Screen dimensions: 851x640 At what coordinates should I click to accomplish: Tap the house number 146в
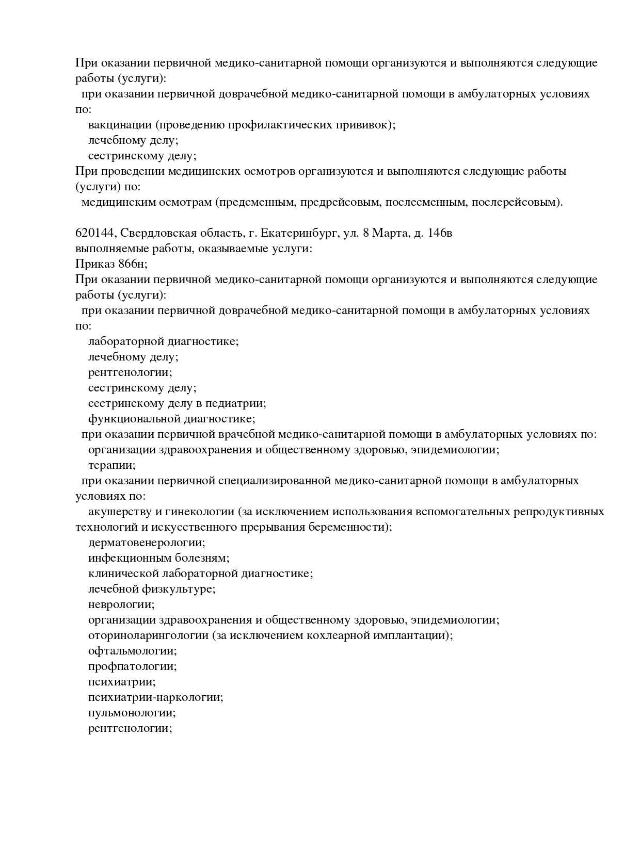point(440,233)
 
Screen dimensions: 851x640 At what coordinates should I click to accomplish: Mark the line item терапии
point(112,465)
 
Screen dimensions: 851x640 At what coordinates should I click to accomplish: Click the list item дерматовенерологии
point(147,543)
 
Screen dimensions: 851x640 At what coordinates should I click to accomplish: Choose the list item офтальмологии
point(133,651)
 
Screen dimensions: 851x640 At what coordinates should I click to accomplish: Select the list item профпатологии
point(133,666)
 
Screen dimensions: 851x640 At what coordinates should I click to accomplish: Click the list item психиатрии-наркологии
point(155,697)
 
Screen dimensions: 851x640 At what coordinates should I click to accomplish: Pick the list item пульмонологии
point(132,713)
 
